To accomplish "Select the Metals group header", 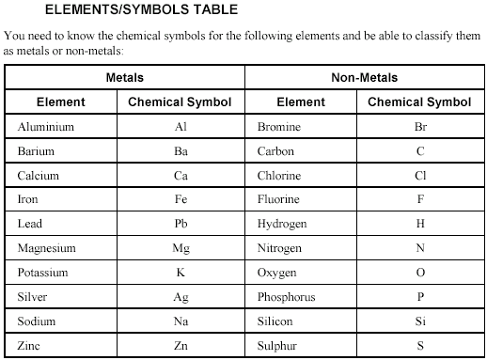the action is [125, 78].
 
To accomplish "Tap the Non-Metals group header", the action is [365, 78].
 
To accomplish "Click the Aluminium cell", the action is [45, 126].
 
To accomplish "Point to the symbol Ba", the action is [181, 150].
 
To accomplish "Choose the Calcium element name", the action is [38, 175].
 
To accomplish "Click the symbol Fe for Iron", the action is [181, 199].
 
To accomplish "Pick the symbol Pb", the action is [181, 224].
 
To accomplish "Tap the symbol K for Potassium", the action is [181, 273].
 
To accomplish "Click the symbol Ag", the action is [181, 297].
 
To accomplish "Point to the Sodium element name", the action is [36, 321].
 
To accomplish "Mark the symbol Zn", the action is [181, 346].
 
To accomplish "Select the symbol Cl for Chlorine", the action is [420, 175].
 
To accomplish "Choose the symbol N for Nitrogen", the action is [420, 248].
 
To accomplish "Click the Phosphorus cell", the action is [286, 297].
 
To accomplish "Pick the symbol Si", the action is [420, 321].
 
